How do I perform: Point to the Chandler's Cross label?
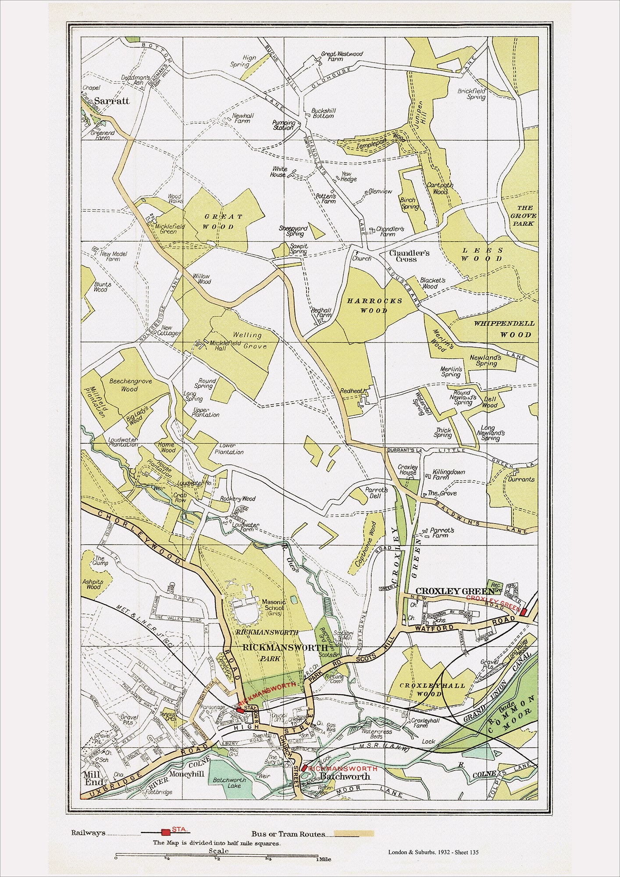click(x=410, y=256)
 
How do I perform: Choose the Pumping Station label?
click(x=283, y=125)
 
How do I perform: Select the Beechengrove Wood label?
click(x=124, y=385)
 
